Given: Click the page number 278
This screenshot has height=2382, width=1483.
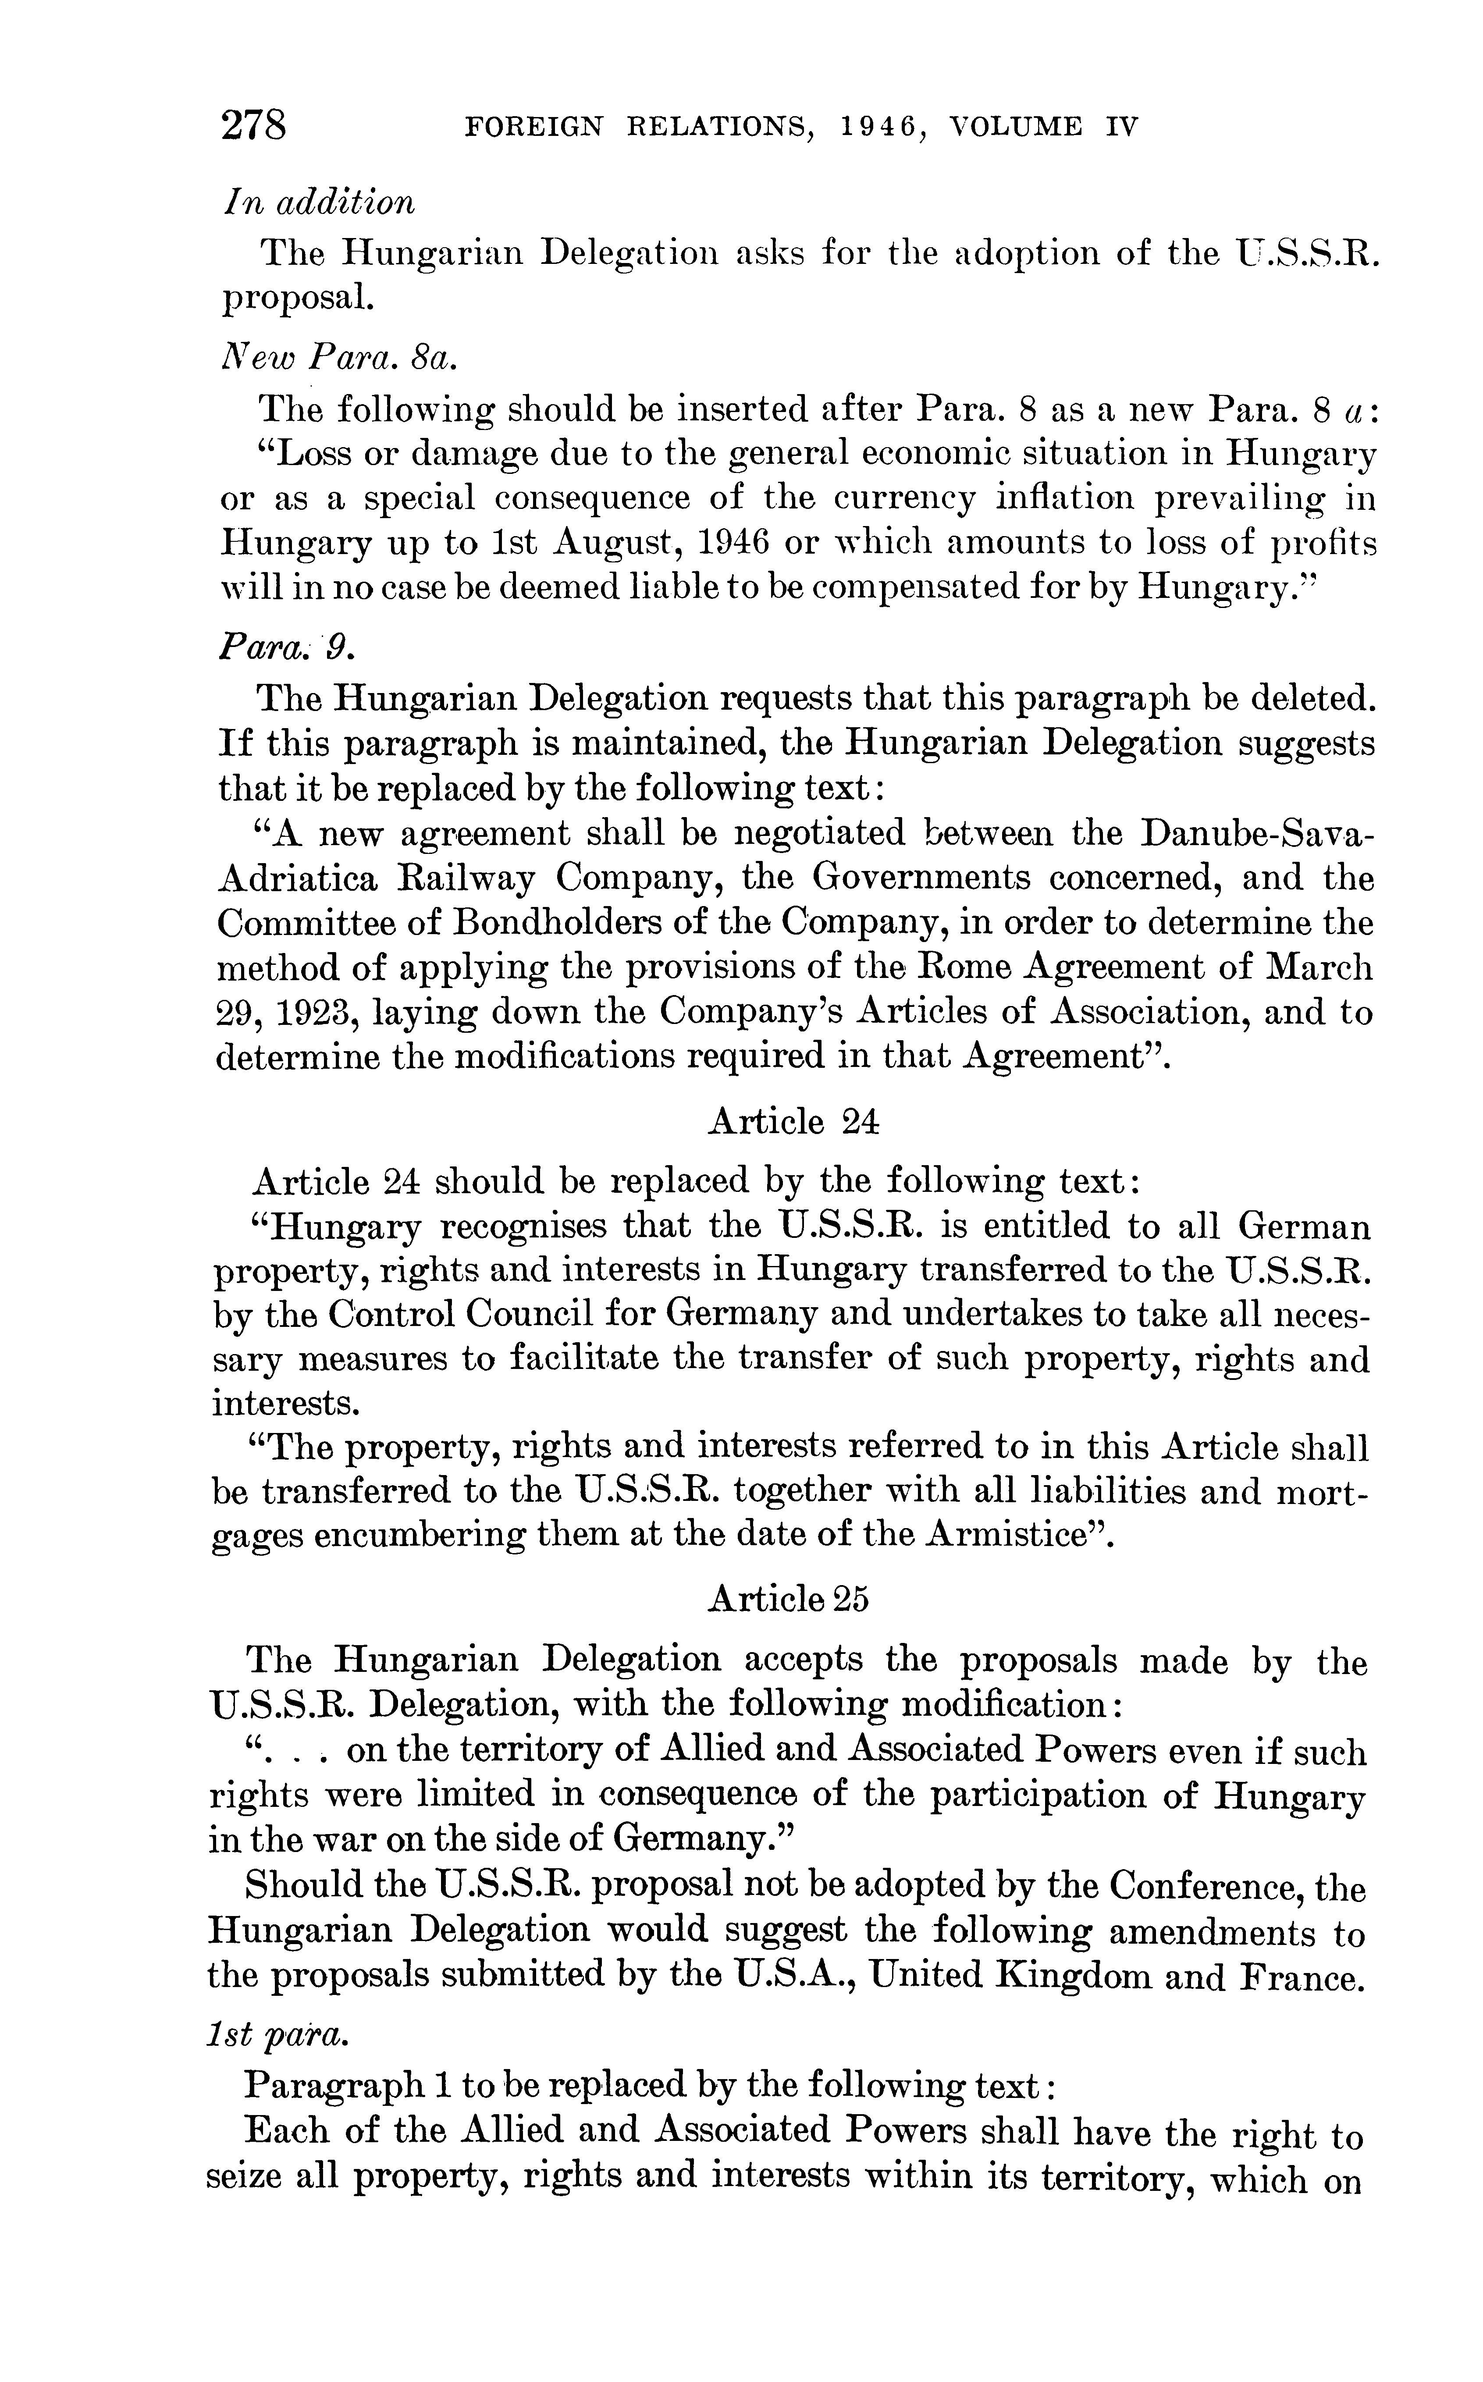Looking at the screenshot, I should [254, 127].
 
